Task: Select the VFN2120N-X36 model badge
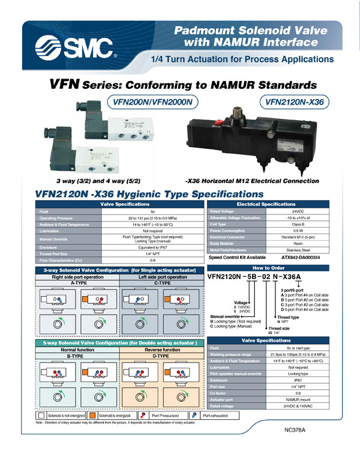coord(294,102)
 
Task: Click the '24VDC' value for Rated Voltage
coord(290,211)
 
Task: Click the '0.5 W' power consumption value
coord(290,230)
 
